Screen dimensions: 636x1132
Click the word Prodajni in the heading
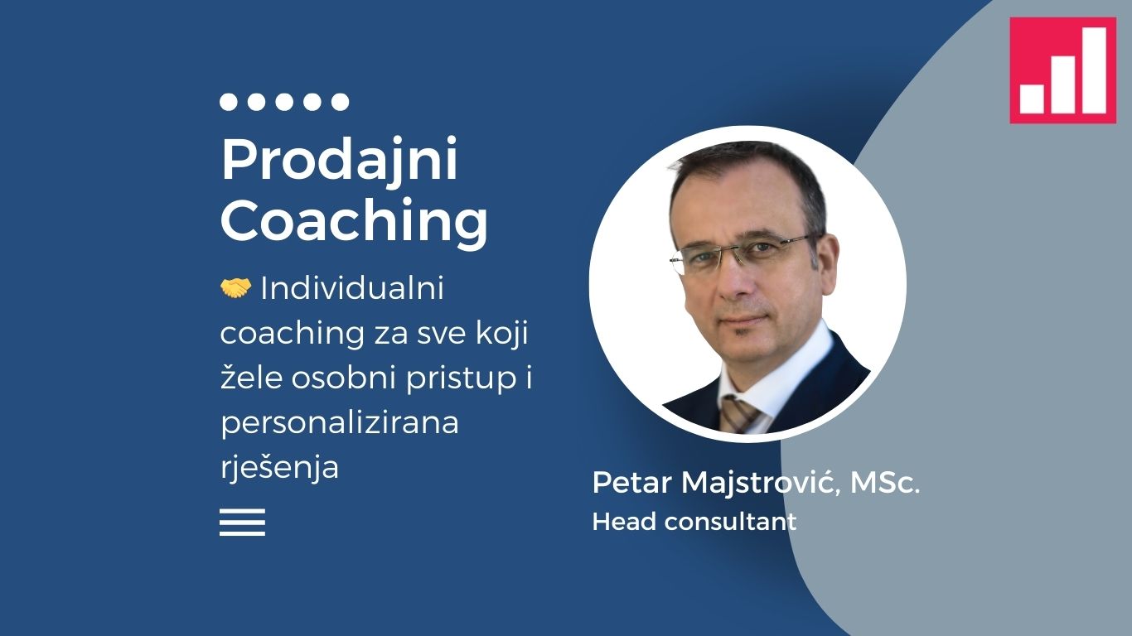[339, 160]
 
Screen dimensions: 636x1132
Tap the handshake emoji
[235, 288]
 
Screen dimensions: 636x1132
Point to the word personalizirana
[339, 422]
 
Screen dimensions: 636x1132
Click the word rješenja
[279, 467]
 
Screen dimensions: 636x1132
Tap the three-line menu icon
[242, 522]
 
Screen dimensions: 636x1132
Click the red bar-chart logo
[1062, 70]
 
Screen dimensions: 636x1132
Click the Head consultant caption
[694, 522]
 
